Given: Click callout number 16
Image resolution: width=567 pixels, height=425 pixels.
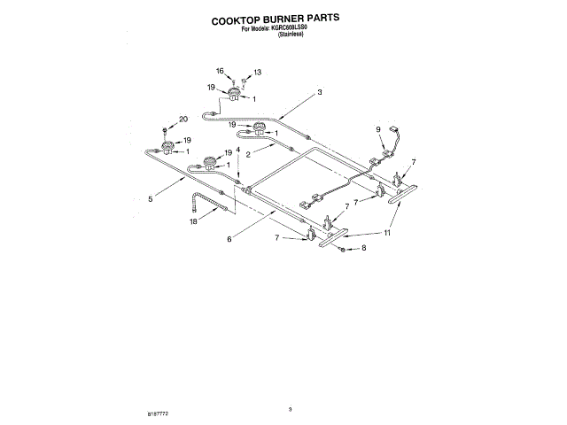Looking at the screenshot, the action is coord(221,70).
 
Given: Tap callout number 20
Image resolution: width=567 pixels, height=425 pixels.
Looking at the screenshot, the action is coord(183,119).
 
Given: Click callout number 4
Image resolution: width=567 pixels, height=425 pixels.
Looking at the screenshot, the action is coord(237,150).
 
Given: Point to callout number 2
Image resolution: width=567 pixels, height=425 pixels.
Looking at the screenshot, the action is coord(249,154).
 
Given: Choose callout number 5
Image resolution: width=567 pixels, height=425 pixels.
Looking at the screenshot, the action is coord(151,199).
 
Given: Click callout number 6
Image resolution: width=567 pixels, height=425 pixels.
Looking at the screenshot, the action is coord(229,239).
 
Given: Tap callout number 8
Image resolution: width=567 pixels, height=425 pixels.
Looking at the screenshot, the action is coord(361,251).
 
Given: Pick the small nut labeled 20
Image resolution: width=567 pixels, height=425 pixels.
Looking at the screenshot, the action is coord(167,128).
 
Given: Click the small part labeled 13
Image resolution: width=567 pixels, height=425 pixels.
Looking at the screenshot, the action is coord(244,80).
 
